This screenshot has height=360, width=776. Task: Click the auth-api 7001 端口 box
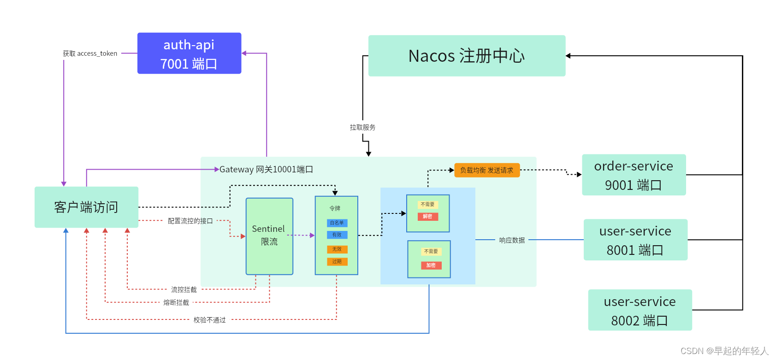(x=189, y=53)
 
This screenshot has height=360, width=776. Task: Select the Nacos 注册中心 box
(x=467, y=56)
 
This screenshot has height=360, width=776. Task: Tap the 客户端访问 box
(x=86, y=207)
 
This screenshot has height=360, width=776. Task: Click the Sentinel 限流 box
(x=269, y=236)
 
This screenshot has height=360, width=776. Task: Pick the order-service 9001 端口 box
(x=634, y=175)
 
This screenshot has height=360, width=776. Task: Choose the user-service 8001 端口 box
(x=635, y=240)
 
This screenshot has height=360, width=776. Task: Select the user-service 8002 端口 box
(x=640, y=310)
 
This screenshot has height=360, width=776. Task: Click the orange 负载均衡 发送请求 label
(x=486, y=170)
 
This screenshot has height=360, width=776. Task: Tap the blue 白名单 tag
(x=337, y=223)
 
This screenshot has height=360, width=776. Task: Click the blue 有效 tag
(x=337, y=235)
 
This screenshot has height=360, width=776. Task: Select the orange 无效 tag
(x=337, y=249)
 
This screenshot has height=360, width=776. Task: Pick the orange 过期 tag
(x=337, y=262)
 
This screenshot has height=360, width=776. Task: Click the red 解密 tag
(x=428, y=217)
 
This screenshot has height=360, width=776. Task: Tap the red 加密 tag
(x=431, y=266)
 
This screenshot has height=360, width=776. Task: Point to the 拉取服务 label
(x=362, y=127)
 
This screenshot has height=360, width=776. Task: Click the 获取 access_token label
(x=90, y=53)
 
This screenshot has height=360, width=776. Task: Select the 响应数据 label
(x=512, y=240)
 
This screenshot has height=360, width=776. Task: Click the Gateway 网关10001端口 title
(x=266, y=170)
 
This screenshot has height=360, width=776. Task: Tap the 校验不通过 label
(x=209, y=320)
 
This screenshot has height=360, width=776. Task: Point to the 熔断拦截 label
(x=176, y=303)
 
